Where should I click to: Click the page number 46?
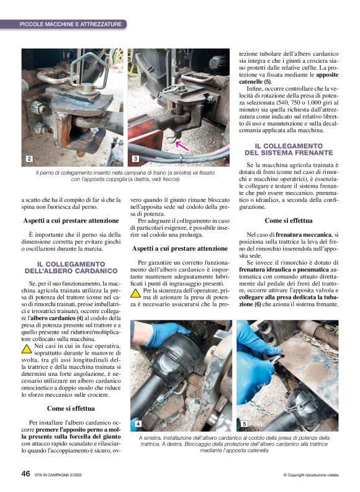tap(25, 473)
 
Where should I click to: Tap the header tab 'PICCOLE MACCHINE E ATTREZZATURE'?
tap(71, 24)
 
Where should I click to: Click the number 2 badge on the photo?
tap(29, 160)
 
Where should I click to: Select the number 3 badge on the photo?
tap(136, 160)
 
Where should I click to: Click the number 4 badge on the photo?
tap(138, 424)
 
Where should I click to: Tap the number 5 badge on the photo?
tap(244, 424)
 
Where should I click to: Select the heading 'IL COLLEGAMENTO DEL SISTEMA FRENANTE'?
tap(289, 149)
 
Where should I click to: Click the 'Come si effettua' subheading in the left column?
tap(71, 408)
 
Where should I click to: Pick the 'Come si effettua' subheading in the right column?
tap(289, 220)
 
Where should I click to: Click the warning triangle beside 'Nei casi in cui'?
tap(27, 347)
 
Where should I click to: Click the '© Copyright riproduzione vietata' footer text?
tap(310, 475)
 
